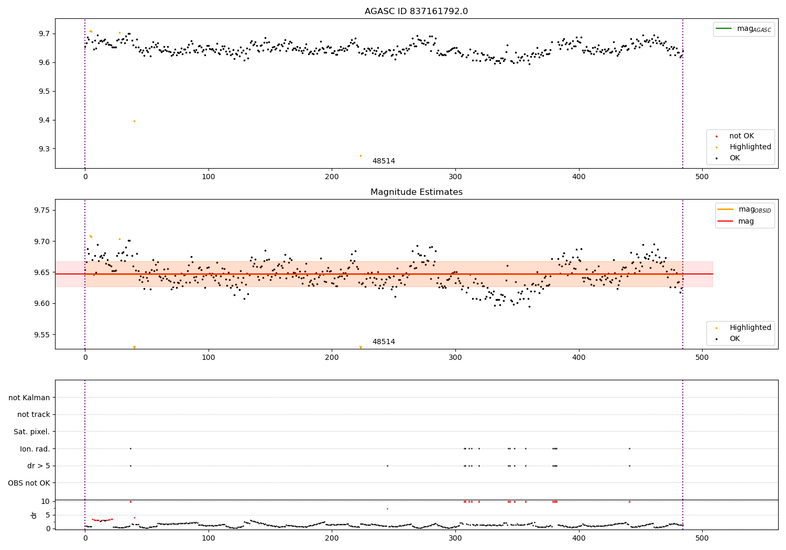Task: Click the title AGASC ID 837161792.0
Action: [x=416, y=12]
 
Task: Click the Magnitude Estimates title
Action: [x=416, y=192]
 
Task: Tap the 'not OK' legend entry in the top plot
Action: [x=741, y=136]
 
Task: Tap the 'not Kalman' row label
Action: [x=29, y=398]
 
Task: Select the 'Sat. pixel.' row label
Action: [x=32, y=432]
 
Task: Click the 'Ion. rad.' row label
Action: [x=35, y=449]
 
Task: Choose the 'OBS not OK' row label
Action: [x=29, y=483]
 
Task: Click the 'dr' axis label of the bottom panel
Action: [x=34, y=515]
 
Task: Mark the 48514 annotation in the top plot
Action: [x=384, y=161]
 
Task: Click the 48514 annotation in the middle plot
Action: [x=384, y=342]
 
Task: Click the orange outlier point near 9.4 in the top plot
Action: [x=134, y=121]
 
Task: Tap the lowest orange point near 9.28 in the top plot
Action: [x=361, y=156]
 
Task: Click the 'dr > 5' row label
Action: [x=38, y=466]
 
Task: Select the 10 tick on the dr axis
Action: [x=45, y=501]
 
